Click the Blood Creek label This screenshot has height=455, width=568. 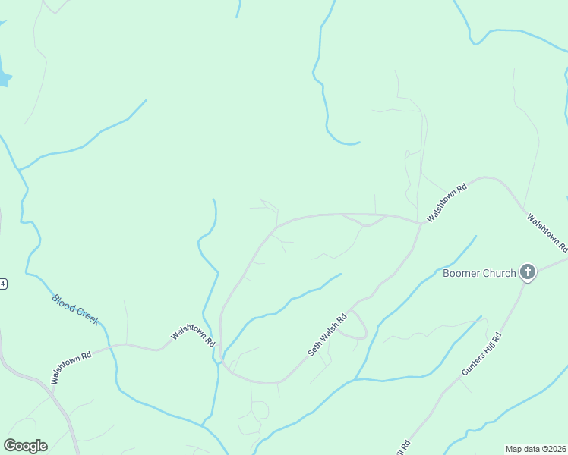coord(76,309)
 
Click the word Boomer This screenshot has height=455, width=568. coord(462,273)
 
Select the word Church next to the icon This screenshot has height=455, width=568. coord(500,273)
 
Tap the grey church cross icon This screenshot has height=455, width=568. coord(528,272)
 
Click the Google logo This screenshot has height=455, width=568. coord(25,446)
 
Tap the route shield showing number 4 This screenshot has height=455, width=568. coord(3,284)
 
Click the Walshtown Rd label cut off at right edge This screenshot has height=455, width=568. coord(547,233)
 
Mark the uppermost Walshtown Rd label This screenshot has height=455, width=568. coord(447,202)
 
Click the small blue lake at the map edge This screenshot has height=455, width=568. coord(4,77)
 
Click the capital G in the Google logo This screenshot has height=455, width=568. coord(10,446)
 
